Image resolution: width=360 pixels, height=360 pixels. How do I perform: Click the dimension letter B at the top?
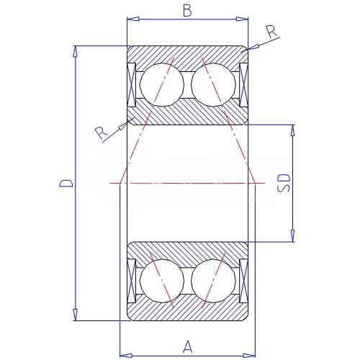pyautogui.click(x=187, y=11)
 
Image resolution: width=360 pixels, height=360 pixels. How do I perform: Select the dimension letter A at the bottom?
pyautogui.click(x=188, y=347)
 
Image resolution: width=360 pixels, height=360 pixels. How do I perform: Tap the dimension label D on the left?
pyautogui.click(x=66, y=183)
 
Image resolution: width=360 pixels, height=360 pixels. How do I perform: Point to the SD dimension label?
pyautogui.click(x=284, y=183)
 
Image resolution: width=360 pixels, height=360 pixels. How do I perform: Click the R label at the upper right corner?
pyautogui.click(x=272, y=32)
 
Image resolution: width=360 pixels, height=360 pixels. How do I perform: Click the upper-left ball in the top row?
pyautogui.click(x=161, y=85)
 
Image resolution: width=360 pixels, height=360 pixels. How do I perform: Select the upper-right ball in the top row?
pyautogui.click(x=213, y=85)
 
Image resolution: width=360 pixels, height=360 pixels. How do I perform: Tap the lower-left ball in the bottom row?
pyautogui.click(x=161, y=281)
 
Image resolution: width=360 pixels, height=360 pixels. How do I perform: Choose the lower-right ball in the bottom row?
pyautogui.click(x=213, y=281)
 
